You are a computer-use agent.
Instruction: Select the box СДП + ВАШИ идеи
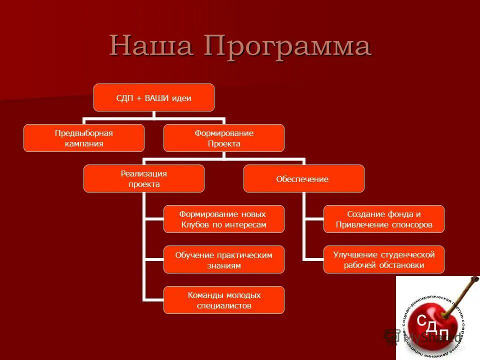[154, 97]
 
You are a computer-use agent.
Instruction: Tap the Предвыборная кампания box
[84, 138]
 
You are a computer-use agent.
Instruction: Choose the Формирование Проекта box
[224, 138]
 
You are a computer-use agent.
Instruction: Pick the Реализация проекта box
[144, 178]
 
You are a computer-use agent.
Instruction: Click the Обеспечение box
[304, 178]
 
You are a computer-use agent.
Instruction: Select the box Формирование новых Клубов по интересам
[224, 219]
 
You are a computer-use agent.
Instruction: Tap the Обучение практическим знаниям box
[224, 259]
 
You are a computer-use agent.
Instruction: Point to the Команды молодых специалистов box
[224, 300]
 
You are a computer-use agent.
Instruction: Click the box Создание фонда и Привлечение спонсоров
[384, 219]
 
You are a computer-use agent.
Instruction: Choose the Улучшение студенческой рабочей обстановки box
[384, 259]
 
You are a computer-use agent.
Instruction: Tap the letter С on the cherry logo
[421, 320]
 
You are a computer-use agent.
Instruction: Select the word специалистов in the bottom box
[224, 305]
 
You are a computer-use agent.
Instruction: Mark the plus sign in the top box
[137, 98]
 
